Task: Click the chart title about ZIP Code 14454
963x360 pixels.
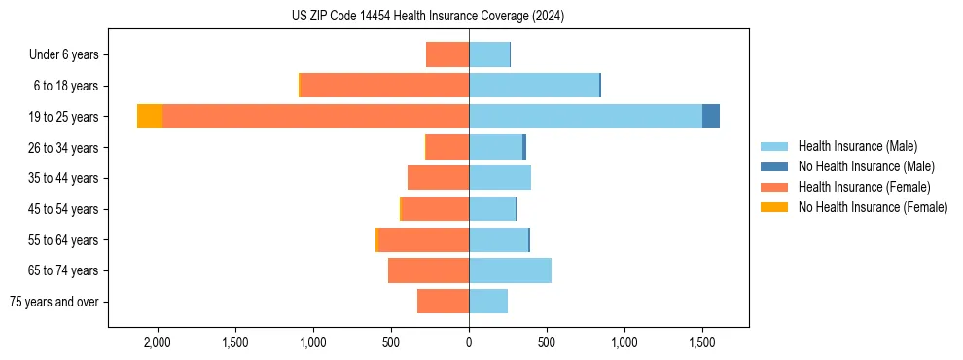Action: (x=428, y=17)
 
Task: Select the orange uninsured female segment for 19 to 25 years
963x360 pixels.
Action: (x=150, y=116)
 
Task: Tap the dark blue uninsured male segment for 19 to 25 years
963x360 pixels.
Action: (x=711, y=116)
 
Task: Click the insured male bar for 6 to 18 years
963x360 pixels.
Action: (x=534, y=86)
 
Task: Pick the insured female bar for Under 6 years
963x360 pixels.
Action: (x=447, y=54)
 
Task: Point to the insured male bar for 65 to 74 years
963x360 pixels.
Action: (x=510, y=270)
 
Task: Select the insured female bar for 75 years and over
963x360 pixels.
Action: (x=443, y=302)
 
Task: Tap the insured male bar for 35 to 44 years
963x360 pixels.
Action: (x=500, y=178)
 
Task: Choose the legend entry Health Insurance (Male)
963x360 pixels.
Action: (x=857, y=146)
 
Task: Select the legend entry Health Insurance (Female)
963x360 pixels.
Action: (x=864, y=187)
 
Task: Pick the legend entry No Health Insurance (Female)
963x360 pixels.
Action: (x=873, y=207)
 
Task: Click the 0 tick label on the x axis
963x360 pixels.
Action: (x=469, y=342)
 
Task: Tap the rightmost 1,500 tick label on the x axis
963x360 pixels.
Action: (x=702, y=342)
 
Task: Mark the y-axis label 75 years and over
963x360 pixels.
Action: (x=54, y=302)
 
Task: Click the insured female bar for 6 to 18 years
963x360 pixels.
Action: (x=384, y=86)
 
